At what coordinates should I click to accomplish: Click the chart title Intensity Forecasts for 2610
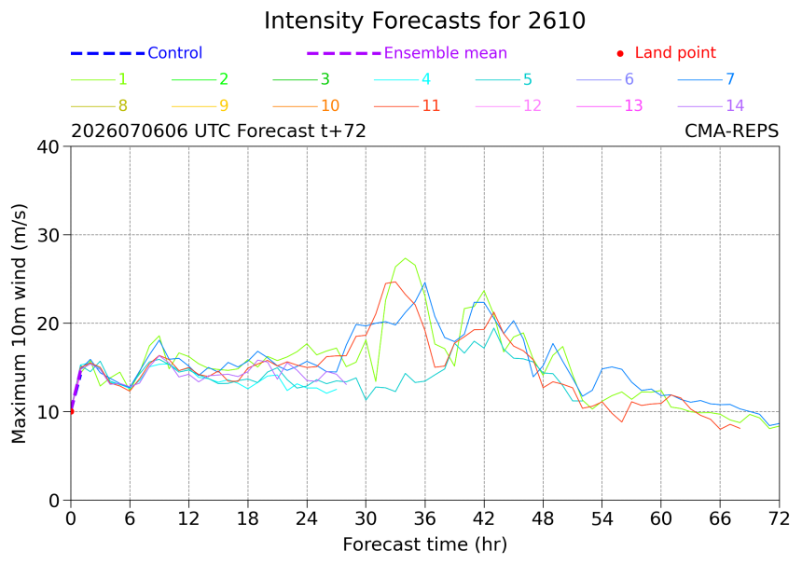(424, 21)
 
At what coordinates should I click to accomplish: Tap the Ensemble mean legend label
(446, 52)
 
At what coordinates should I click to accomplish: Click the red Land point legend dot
(620, 53)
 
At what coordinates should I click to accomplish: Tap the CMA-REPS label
(731, 131)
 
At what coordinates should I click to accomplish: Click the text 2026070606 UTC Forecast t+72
(218, 131)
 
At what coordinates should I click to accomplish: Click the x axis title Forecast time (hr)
(424, 544)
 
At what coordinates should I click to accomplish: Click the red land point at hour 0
(71, 411)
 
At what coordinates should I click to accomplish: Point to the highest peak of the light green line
(405, 258)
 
